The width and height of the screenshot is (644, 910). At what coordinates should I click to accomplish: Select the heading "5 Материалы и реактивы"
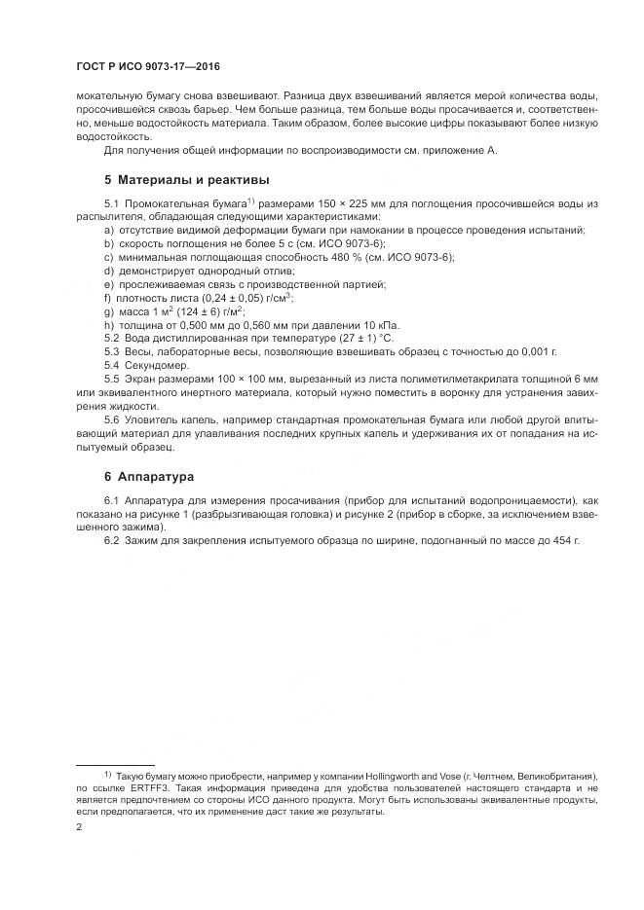coord(187,180)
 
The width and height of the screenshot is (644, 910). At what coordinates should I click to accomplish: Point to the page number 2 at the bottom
coord(79,826)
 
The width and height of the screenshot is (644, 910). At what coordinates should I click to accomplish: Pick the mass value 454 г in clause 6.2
coord(559,539)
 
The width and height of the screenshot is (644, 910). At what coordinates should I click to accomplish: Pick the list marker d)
coord(109,270)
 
